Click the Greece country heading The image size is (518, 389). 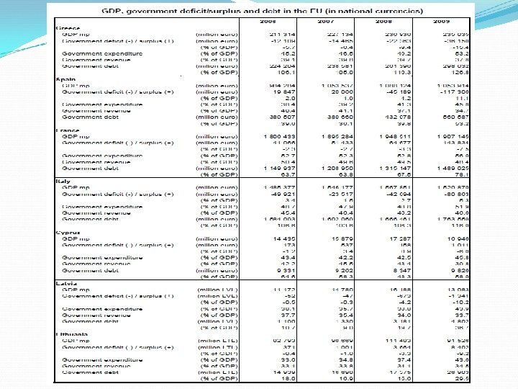click(x=66, y=29)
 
